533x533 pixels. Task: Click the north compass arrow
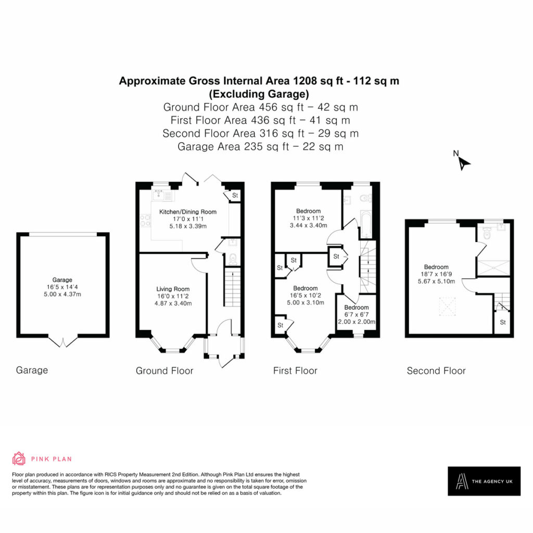463,163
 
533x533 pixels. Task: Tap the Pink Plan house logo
19,459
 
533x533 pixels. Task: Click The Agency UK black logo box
484,481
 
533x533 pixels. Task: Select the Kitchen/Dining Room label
187,212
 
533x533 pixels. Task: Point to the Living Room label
173,289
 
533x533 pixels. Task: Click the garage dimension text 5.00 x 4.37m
62,295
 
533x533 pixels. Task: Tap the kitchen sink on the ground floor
161,195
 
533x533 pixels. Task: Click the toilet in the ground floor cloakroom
233,259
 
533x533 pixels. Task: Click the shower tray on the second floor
493,268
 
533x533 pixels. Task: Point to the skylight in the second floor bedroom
447,307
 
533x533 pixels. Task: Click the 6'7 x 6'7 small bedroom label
356,314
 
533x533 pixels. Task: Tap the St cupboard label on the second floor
503,322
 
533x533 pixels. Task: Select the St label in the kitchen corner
235,196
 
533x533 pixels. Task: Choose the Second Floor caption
436,371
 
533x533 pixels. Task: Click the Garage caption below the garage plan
32,370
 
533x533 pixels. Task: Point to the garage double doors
62,341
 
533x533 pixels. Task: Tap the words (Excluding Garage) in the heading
259,94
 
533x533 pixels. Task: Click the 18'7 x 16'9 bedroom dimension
437,274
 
